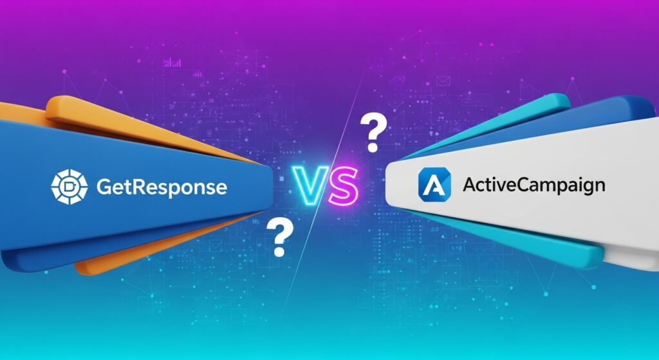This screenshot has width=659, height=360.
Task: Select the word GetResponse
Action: click(x=161, y=187)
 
